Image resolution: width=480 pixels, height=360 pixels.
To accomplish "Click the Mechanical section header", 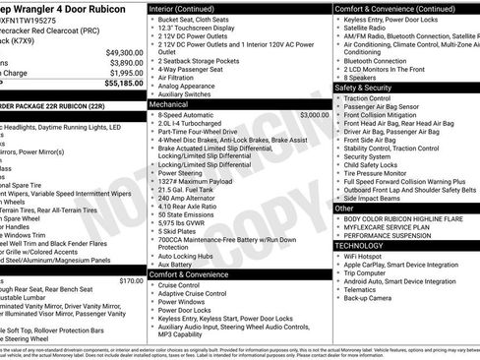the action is [168, 103].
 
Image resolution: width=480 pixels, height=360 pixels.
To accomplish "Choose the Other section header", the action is [344, 209].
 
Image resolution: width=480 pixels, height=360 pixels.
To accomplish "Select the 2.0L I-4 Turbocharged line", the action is [197, 125].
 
